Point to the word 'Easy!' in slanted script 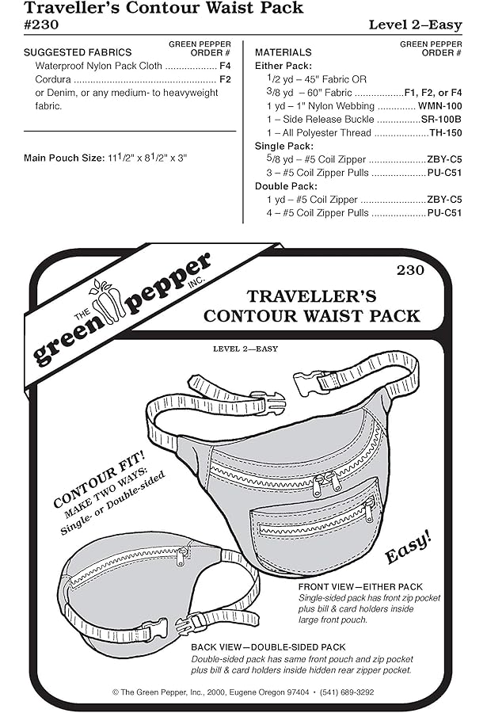tap(409, 547)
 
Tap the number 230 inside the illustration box tap(410, 270)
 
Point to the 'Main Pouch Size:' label tap(61, 159)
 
